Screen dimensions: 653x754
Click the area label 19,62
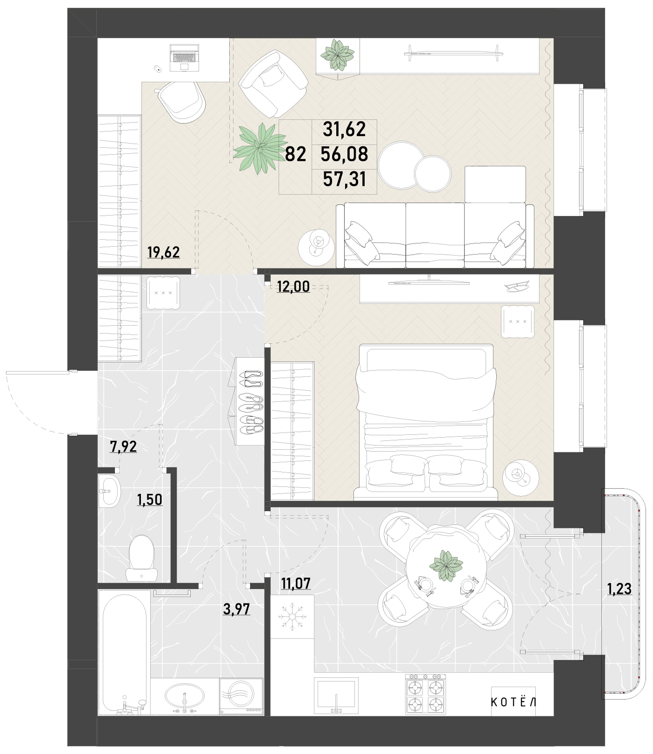click(163, 252)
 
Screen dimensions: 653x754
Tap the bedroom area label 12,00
click(293, 287)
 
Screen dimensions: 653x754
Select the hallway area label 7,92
click(123, 446)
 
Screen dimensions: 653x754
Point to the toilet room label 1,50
click(149, 499)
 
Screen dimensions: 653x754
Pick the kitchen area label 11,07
click(296, 583)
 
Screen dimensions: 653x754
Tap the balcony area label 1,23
click(620, 589)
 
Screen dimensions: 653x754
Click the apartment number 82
click(295, 154)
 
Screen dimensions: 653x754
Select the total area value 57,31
click(344, 178)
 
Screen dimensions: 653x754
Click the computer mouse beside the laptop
click(158, 70)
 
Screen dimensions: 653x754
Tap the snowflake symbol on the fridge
click(292, 616)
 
